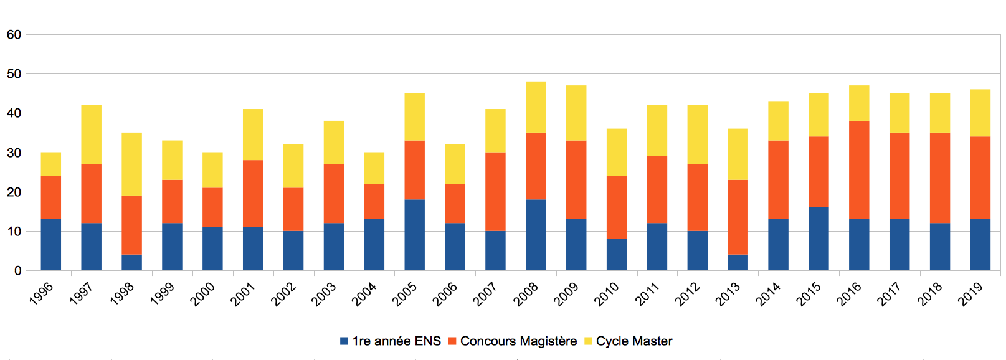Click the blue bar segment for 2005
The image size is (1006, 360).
pos(414,235)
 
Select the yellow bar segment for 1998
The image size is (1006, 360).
pos(131,164)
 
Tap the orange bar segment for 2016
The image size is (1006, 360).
pos(859,169)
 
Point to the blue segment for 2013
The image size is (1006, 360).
pos(738,262)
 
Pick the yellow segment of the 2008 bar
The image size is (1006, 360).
pos(536,107)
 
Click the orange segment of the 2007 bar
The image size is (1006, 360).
pos(495,192)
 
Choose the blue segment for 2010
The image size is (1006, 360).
pos(617,255)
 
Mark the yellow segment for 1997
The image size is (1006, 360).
pos(91,135)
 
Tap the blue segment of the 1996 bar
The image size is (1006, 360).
pos(50,245)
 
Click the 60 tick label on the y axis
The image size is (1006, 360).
pos(14,35)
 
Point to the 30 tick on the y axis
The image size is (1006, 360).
pos(14,153)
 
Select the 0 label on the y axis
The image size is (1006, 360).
pos(18,271)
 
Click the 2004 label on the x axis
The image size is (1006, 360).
pos(364,294)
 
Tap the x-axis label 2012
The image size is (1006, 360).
pos(687,294)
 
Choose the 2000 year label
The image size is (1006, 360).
pos(202,294)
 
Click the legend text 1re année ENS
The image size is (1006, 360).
pos(396,341)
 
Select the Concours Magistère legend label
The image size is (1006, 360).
pos(518,341)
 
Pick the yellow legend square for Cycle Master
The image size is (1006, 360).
pos(588,341)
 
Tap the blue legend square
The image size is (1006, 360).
pos(344,341)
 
